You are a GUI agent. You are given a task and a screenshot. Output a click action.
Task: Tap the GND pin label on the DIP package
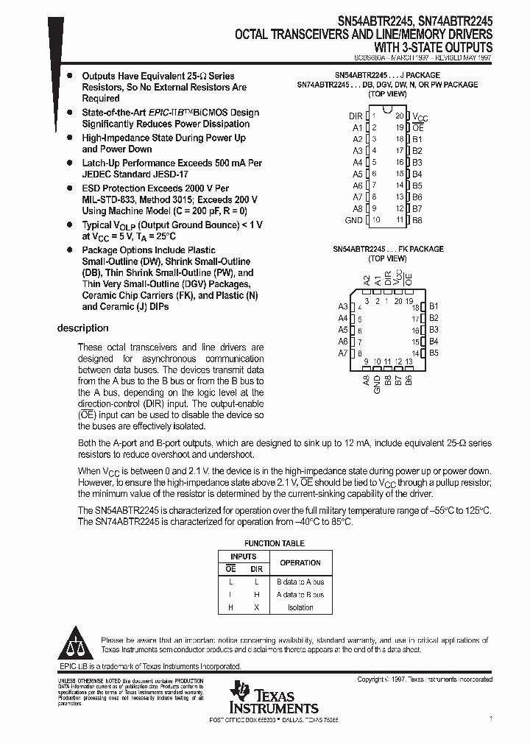pos(353,220)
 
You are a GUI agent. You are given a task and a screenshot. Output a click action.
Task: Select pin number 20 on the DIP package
pos(399,116)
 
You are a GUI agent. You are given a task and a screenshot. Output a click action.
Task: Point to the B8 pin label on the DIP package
pos(417,220)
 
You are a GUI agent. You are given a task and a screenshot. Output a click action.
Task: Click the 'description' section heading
pos(82,328)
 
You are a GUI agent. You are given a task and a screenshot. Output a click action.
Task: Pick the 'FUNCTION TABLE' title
pos(273,543)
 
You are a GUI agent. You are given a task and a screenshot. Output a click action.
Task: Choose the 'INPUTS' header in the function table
pos(244,557)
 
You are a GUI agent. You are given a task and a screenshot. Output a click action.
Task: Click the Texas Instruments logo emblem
pos(239,691)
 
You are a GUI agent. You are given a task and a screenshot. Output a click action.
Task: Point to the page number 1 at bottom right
pos(490,718)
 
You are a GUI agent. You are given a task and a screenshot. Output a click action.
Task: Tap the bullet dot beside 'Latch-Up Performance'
pos(69,163)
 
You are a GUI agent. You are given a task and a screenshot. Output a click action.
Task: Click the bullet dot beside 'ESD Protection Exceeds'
pos(69,188)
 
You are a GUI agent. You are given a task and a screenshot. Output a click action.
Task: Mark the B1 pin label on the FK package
pos(434,306)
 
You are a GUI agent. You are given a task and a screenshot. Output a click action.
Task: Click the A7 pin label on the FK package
pos(342,353)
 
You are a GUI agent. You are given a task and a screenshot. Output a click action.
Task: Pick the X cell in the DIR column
pos(257,607)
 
